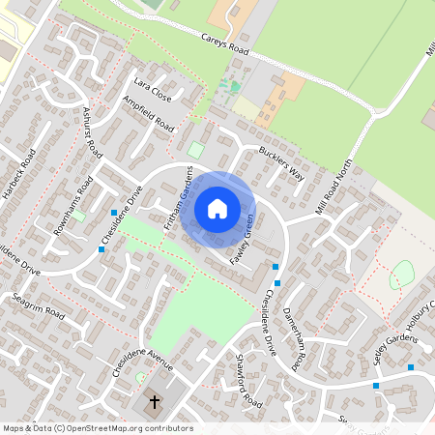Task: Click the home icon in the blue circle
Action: (217, 208)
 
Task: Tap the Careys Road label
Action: (225, 43)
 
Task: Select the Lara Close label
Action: (153, 89)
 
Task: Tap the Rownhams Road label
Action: (72, 204)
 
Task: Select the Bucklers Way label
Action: (281, 163)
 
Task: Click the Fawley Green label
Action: (241, 238)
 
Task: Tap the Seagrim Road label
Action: (39, 313)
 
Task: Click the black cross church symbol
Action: (154, 401)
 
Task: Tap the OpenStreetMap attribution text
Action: (97, 428)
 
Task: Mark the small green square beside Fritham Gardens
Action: (196, 150)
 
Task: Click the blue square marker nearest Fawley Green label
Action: (275, 267)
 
